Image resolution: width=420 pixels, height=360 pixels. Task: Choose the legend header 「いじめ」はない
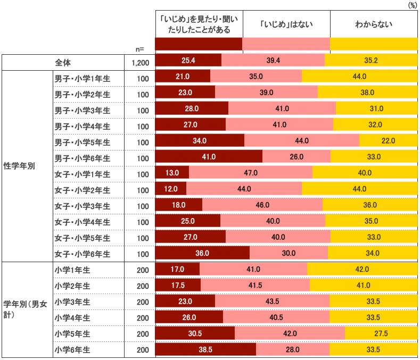tap(286, 24)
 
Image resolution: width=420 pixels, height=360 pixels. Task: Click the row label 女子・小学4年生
tap(82, 222)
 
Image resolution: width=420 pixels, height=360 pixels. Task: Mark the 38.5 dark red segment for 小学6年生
tap(205, 349)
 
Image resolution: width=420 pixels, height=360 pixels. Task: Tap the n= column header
tap(139, 49)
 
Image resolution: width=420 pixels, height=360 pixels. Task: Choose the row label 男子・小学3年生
tap(82, 110)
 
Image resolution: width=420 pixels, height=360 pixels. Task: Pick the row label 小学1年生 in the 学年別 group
tap(72, 270)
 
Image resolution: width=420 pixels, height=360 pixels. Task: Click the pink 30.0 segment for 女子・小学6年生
tap(289, 253)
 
